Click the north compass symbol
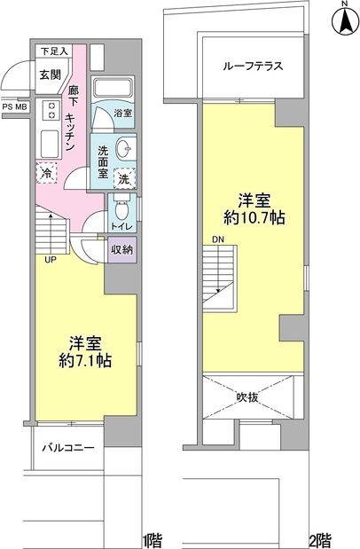(x=343, y=21)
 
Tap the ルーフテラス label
(x=247, y=64)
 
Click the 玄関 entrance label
(x=50, y=75)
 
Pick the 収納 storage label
(x=122, y=248)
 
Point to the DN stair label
(x=218, y=239)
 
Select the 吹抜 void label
(x=247, y=398)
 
